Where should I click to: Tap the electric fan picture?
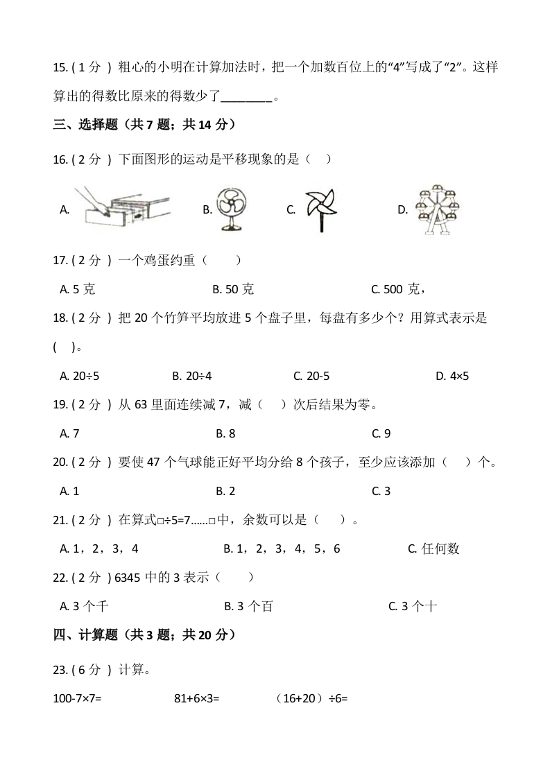click(x=231, y=208)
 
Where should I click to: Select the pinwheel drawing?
click(x=320, y=209)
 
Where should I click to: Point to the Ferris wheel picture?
click(x=438, y=209)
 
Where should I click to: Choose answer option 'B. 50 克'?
click(x=233, y=289)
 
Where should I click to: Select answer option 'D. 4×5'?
click(x=452, y=376)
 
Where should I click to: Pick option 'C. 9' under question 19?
click(x=381, y=433)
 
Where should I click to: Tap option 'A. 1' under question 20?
click(x=70, y=491)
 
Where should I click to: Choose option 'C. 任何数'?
click(x=434, y=548)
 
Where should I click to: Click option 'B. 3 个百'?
click(x=248, y=606)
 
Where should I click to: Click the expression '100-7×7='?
click(x=78, y=698)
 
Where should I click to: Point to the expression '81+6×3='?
click(x=196, y=698)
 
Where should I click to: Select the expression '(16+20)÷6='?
click(x=311, y=698)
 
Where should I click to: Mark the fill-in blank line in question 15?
click(x=248, y=98)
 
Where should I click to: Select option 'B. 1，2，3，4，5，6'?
click(x=282, y=548)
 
